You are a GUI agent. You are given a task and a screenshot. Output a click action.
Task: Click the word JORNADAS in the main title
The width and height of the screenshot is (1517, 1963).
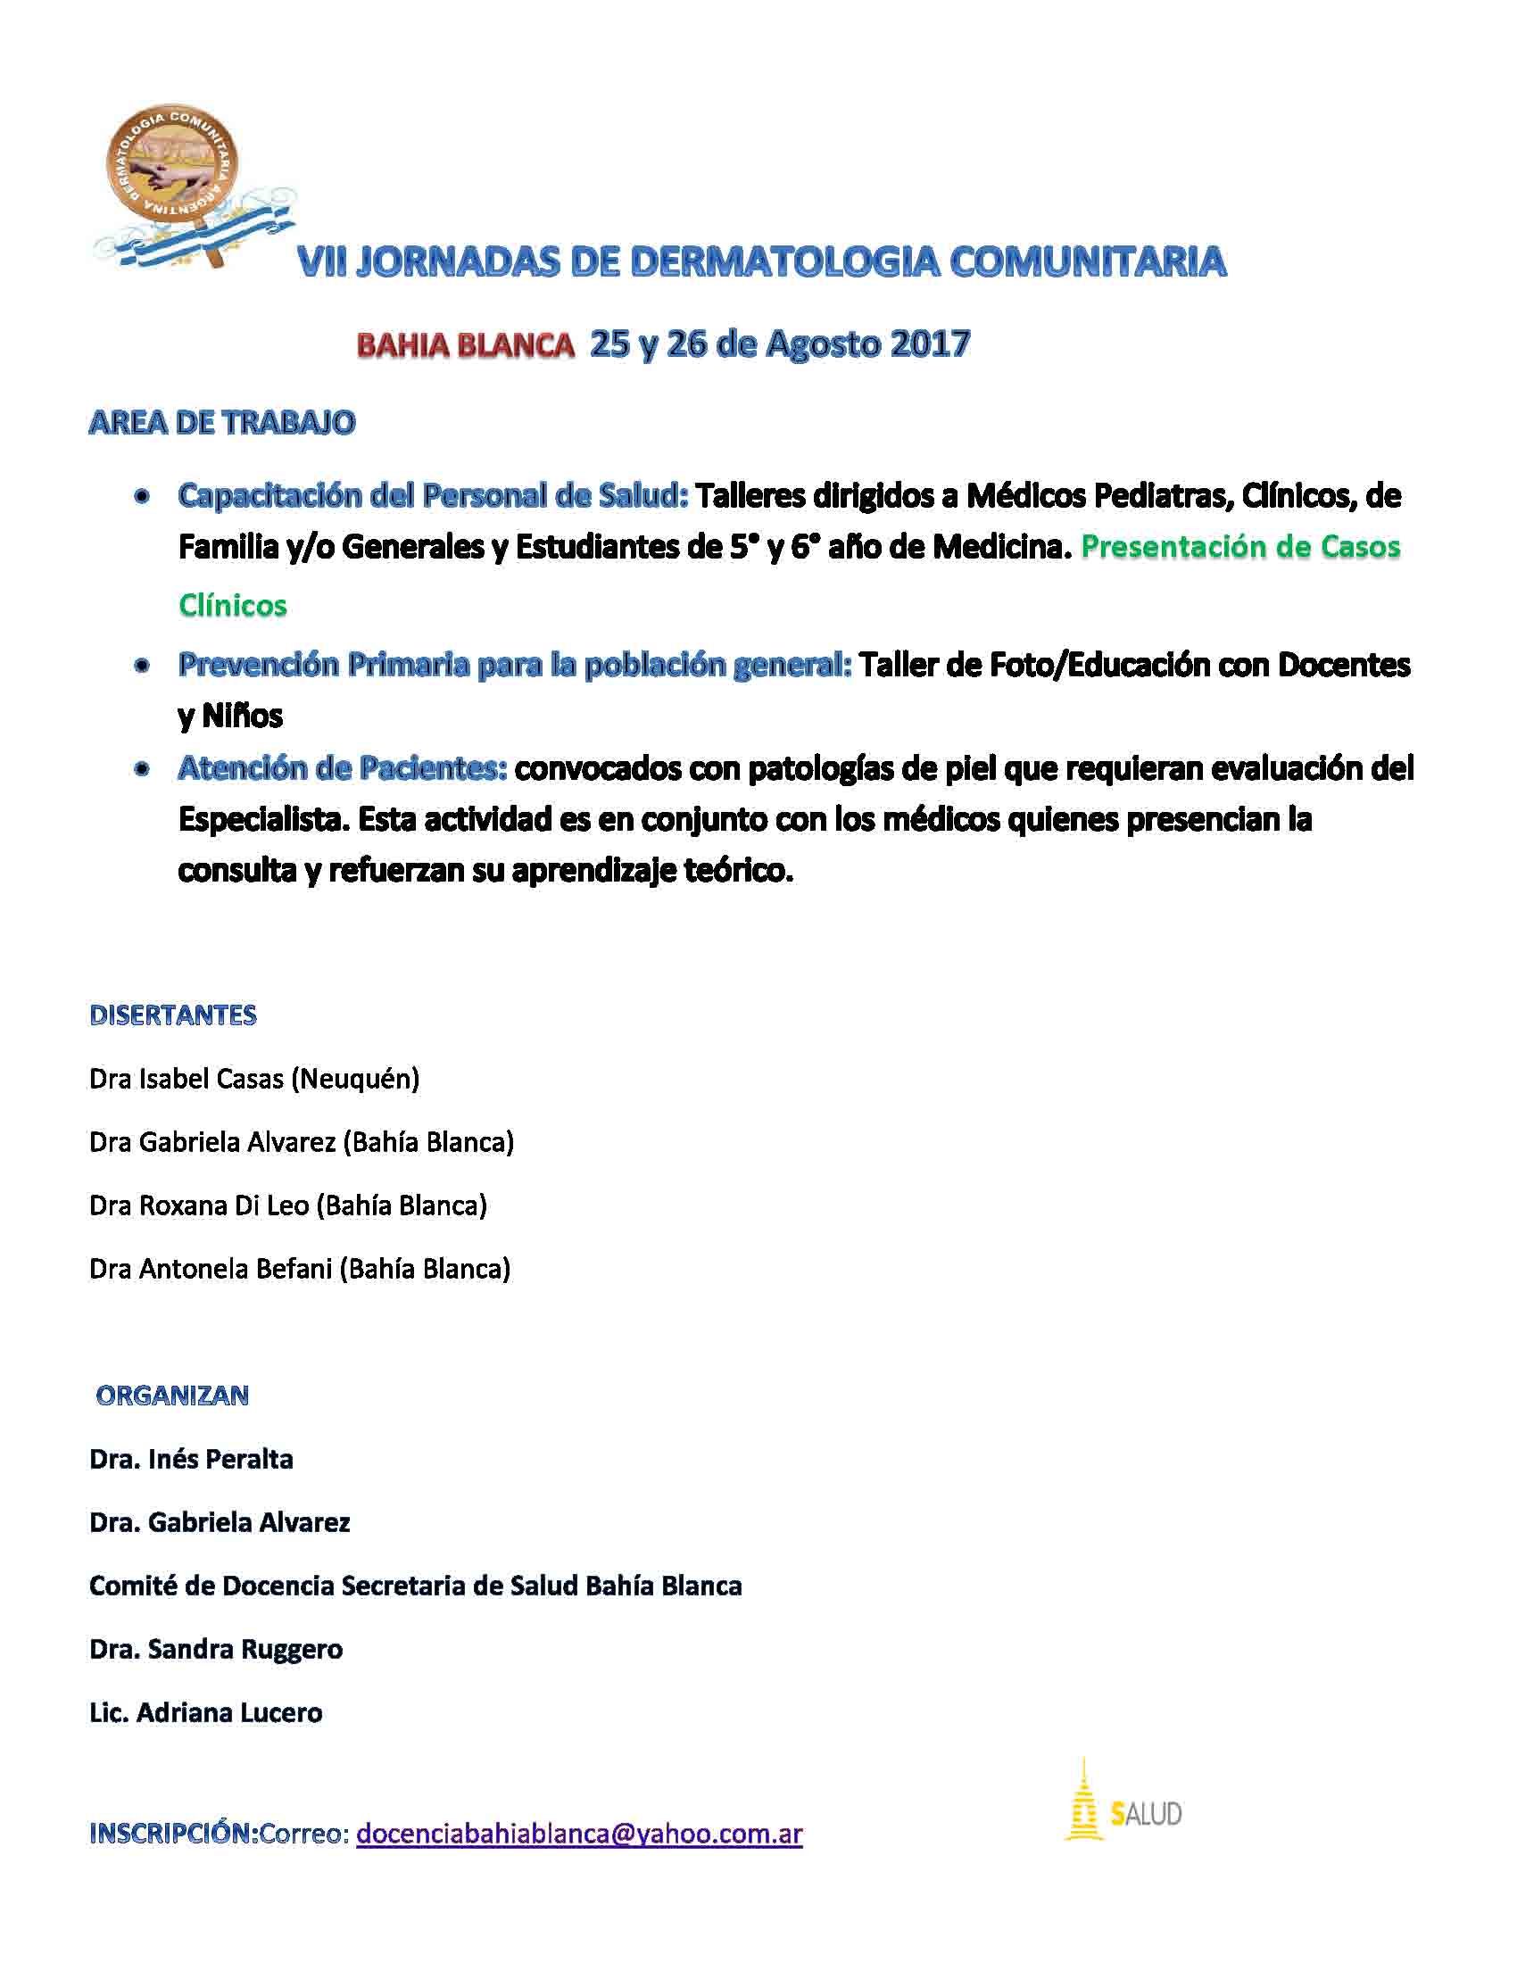coord(457,261)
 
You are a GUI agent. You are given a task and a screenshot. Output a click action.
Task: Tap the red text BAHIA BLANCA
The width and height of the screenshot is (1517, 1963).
coord(466,345)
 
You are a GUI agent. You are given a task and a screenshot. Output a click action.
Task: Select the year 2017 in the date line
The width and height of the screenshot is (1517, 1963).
coord(930,344)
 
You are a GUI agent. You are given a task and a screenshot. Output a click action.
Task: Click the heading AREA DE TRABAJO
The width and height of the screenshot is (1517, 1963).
coord(222,422)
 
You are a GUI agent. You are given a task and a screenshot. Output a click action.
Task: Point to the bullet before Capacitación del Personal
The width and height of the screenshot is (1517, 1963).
coord(141,496)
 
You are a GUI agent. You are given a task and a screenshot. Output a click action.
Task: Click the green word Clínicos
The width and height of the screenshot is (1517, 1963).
coord(233,605)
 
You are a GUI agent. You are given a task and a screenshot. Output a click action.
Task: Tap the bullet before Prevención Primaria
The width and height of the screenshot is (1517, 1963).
coord(141,666)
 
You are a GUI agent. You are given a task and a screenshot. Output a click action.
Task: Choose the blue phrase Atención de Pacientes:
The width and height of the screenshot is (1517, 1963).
coord(343,768)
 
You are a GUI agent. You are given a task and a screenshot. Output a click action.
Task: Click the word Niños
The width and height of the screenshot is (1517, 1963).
coord(242,716)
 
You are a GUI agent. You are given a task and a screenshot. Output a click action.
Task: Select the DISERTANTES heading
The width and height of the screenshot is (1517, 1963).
coord(173,1015)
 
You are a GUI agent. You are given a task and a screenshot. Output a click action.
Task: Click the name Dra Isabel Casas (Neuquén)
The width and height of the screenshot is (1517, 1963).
coord(254,1079)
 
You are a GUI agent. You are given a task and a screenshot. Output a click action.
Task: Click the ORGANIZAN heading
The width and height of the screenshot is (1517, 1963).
coord(172,1395)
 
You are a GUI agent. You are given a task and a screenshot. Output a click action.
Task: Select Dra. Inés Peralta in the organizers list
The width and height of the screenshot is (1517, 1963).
coord(192,1459)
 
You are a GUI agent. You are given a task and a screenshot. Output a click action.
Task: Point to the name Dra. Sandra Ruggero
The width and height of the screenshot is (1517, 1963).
coord(216,1649)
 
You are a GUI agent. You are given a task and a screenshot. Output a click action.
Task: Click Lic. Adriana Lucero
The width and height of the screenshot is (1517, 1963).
coord(206,1712)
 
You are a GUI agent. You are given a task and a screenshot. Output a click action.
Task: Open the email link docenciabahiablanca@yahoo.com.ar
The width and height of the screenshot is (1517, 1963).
coord(580,1834)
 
